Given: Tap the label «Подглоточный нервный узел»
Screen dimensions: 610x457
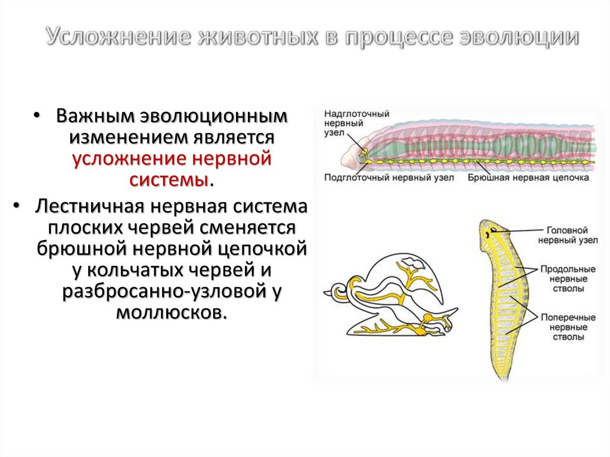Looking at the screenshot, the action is pyautogui.click(x=389, y=177).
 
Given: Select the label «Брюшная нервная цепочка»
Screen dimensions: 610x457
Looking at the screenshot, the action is pyautogui.click(x=528, y=177).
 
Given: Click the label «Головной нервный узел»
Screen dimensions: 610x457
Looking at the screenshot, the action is pyautogui.click(x=567, y=235).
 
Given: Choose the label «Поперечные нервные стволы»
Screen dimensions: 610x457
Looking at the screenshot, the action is pyautogui.click(x=568, y=327).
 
